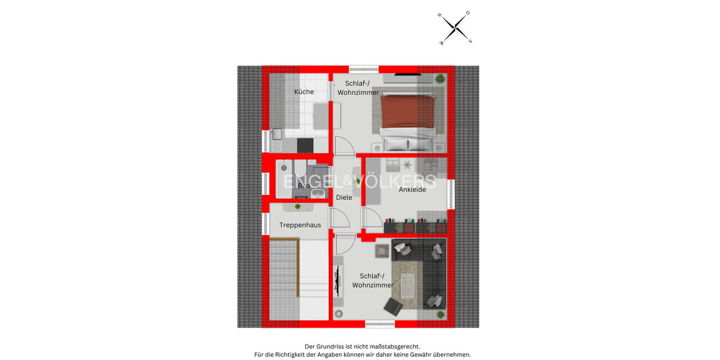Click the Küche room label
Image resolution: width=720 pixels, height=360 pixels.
coord(304,92)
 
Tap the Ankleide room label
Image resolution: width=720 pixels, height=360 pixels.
coord(412,190)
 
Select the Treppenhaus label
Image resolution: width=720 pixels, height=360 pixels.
coord(300,225)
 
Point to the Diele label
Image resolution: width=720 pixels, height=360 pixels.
coord(344,197)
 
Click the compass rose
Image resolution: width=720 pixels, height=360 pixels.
coord(456,28)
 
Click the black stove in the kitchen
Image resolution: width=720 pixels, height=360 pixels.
coord(305,145)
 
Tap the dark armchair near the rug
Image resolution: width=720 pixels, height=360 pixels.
coord(393,307)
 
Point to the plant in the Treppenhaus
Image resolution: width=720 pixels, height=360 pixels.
coord(298,207)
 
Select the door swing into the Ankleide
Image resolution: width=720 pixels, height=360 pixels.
coord(370,215)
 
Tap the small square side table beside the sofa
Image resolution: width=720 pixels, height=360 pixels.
coord(382,249)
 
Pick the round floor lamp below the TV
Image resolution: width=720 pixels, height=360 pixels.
coord(338,313)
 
